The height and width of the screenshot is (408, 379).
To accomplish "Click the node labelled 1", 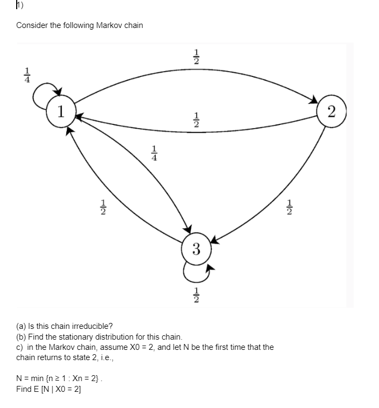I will pyautogui.click(x=62, y=111).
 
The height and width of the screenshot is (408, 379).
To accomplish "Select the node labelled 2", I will pyautogui.click(x=332, y=111).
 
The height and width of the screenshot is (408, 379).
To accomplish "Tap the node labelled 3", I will pyautogui.click(x=196, y=249).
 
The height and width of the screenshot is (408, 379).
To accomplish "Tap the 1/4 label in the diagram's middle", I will pyautogui.click(x=155, y=154).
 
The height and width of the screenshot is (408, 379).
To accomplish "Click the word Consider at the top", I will pyautogui.click(x=32, y=25).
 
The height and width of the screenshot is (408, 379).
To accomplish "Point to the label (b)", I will pyautogui.click(x=22, y=336).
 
